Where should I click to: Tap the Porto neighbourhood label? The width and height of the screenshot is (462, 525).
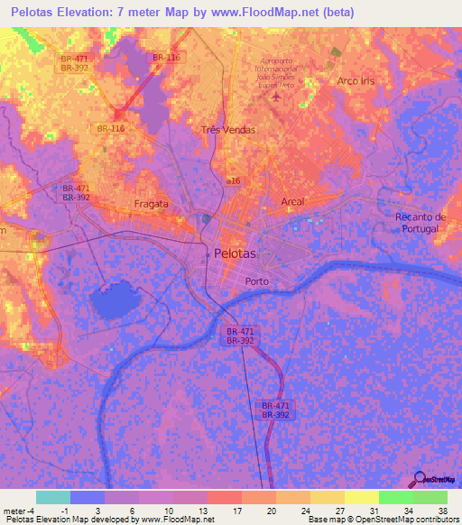(x=258, y=281)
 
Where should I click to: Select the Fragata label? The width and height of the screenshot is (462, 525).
(x=151, y=204)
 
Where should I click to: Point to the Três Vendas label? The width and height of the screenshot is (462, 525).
(x=227, y=130)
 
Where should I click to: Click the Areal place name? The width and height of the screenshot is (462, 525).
(x=292, y=201)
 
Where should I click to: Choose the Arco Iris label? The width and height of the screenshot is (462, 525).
(x=355, y=81)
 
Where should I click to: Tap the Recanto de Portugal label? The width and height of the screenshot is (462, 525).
(x=421, y=223)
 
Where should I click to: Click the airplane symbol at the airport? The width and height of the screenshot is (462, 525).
(x=275, y=96)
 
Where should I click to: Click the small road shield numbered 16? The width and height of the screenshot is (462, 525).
(x=234, y=181)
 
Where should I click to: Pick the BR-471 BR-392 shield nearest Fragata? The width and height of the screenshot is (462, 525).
(x=74, y=191)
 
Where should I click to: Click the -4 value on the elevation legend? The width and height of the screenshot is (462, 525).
(x=31, y=511)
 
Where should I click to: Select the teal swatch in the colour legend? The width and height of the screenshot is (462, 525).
(x=52, y=497)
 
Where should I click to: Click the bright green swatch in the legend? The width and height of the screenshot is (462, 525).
(x=396, y=497)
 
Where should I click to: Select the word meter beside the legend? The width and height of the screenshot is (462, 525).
(x=14, y=511)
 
